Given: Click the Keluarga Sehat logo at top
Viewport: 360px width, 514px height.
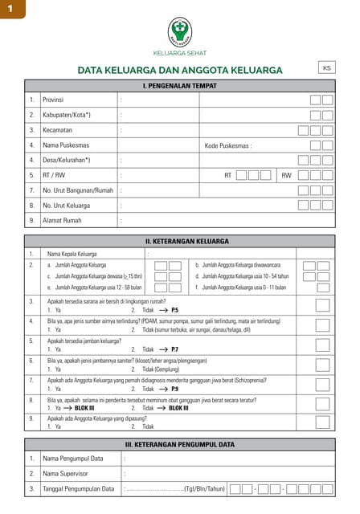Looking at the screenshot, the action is [180, 32].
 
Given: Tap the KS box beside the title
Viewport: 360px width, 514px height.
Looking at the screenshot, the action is [326, 68].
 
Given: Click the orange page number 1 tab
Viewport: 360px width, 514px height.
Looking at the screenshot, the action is [12, 9].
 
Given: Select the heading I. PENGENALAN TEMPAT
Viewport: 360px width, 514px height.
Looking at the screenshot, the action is [179, 85].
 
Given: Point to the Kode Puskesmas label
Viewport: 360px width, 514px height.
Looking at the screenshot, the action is [228, 145].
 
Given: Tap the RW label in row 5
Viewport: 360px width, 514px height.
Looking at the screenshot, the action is [286, 175].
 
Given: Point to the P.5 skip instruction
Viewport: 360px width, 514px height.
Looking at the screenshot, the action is [174, 309].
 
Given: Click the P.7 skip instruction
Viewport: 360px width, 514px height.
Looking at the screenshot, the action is [174, 350].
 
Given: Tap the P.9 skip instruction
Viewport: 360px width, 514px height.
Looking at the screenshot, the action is [174, 389].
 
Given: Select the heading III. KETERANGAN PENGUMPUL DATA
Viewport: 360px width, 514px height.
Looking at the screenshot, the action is [179, 444].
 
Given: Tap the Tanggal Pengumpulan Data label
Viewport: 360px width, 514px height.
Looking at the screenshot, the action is [78, 488].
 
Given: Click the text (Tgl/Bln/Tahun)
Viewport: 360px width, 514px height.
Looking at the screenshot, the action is [204, 488].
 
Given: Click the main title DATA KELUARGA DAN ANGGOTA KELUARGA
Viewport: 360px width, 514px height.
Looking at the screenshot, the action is [179, 71].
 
